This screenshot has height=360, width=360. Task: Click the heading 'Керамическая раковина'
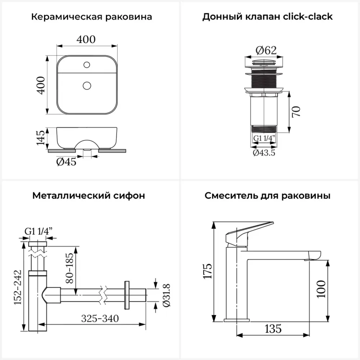[x=91, y=17]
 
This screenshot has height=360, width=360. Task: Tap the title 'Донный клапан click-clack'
[x=267, y=17]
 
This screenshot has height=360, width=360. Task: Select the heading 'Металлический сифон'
[x=89, y=196]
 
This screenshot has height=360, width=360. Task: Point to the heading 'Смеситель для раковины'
[x=268, y=196]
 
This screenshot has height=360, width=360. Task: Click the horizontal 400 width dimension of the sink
[x=87, y=39]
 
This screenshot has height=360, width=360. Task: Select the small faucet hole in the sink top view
[x=86, y=65]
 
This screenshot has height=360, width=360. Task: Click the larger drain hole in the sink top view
[x=86, y=85]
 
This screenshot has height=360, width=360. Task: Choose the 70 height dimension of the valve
[x=296, y=112]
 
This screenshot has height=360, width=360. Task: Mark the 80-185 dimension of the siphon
[x=70, y=270]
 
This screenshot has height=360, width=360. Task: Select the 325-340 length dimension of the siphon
[x=100, y=318]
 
